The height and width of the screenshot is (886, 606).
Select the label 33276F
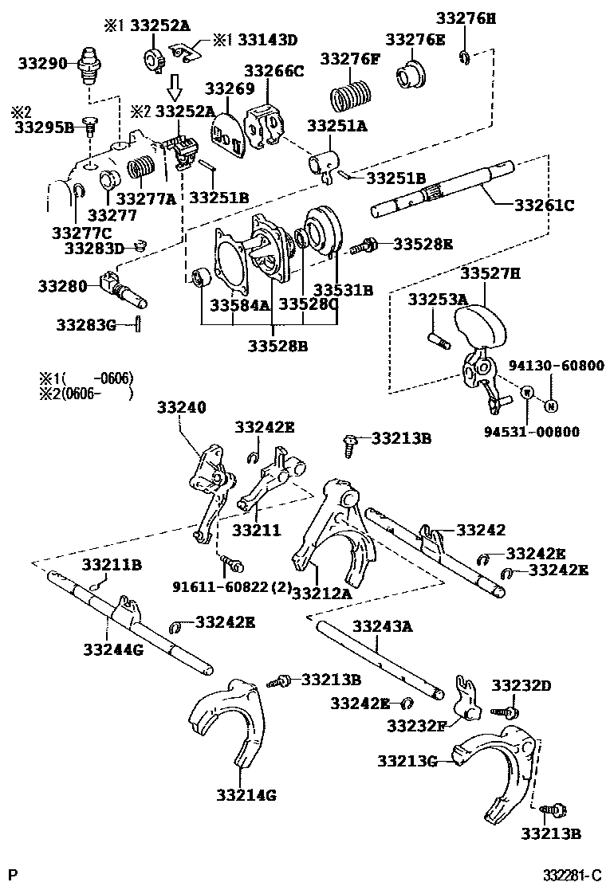click(350, 59)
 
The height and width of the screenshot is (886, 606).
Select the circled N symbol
click(550, 406)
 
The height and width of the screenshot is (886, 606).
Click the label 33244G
click(112, 649)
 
